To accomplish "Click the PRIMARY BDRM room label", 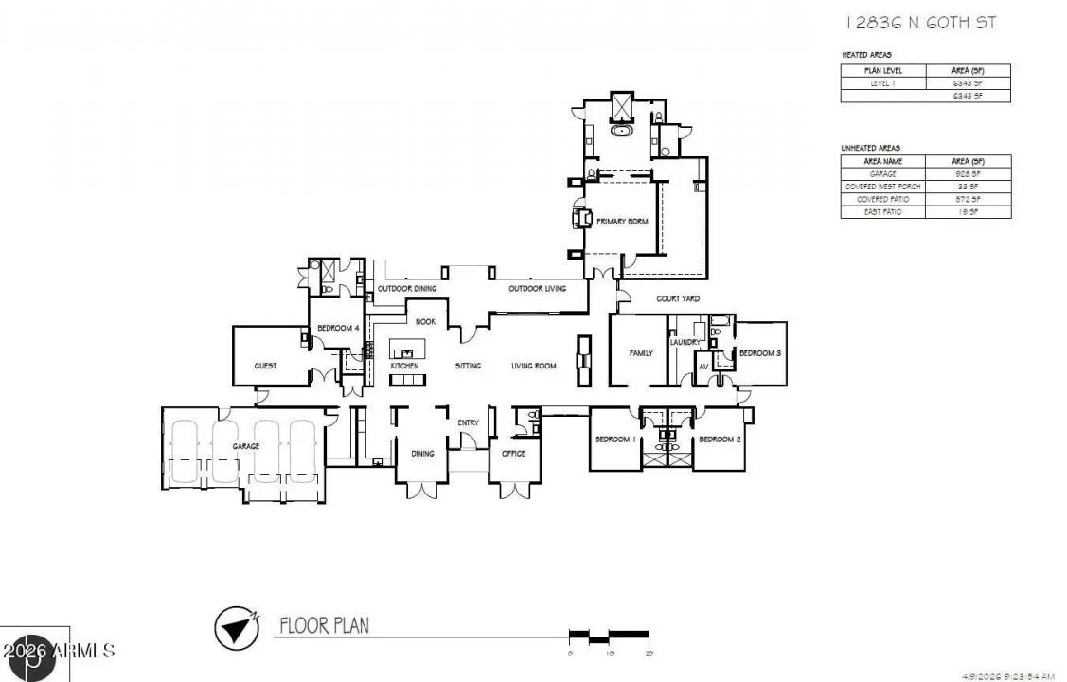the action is (x=620, y=221).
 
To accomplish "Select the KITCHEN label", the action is (x=404, y=366).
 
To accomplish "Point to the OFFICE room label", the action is (x=513, y=453).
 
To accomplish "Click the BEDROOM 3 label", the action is (x=759, y=353).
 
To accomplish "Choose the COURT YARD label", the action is (x=679, y=298).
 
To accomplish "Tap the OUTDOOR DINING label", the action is (x=407, y=288).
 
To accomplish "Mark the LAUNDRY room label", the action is (x=685, y=342).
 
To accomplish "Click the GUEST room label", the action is (x=264, y=366).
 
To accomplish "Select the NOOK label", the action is (x=425, y=321).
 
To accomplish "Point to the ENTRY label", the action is (x=468, y=422).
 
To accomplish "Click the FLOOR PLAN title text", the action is (x=324, y=625).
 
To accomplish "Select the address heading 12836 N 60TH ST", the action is (x=918, y=23).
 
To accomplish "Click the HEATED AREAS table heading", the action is (x=866, y=55).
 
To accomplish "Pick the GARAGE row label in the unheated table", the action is (x=882, y=174).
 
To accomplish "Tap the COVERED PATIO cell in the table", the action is (x=882, y=200).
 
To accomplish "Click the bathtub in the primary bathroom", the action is (x=622, y=131).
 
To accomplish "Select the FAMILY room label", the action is (x=641, y=353).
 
